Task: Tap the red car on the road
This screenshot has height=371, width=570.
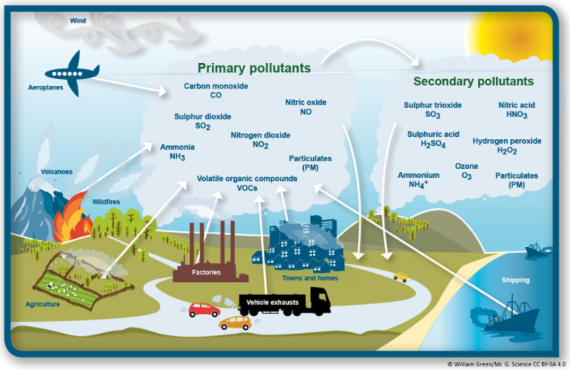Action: [x=204, y=309]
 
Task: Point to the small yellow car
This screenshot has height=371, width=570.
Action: [x=401, y=277]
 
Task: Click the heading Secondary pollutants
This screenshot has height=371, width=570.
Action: [x=473, y=81]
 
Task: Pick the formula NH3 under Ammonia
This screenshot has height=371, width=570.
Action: [x=177, y=157]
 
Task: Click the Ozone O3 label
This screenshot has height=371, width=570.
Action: [x=467, y=170]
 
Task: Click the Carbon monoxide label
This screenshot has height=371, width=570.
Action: [x=215, y=90]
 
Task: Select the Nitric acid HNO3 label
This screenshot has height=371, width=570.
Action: [x=517, y=109]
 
